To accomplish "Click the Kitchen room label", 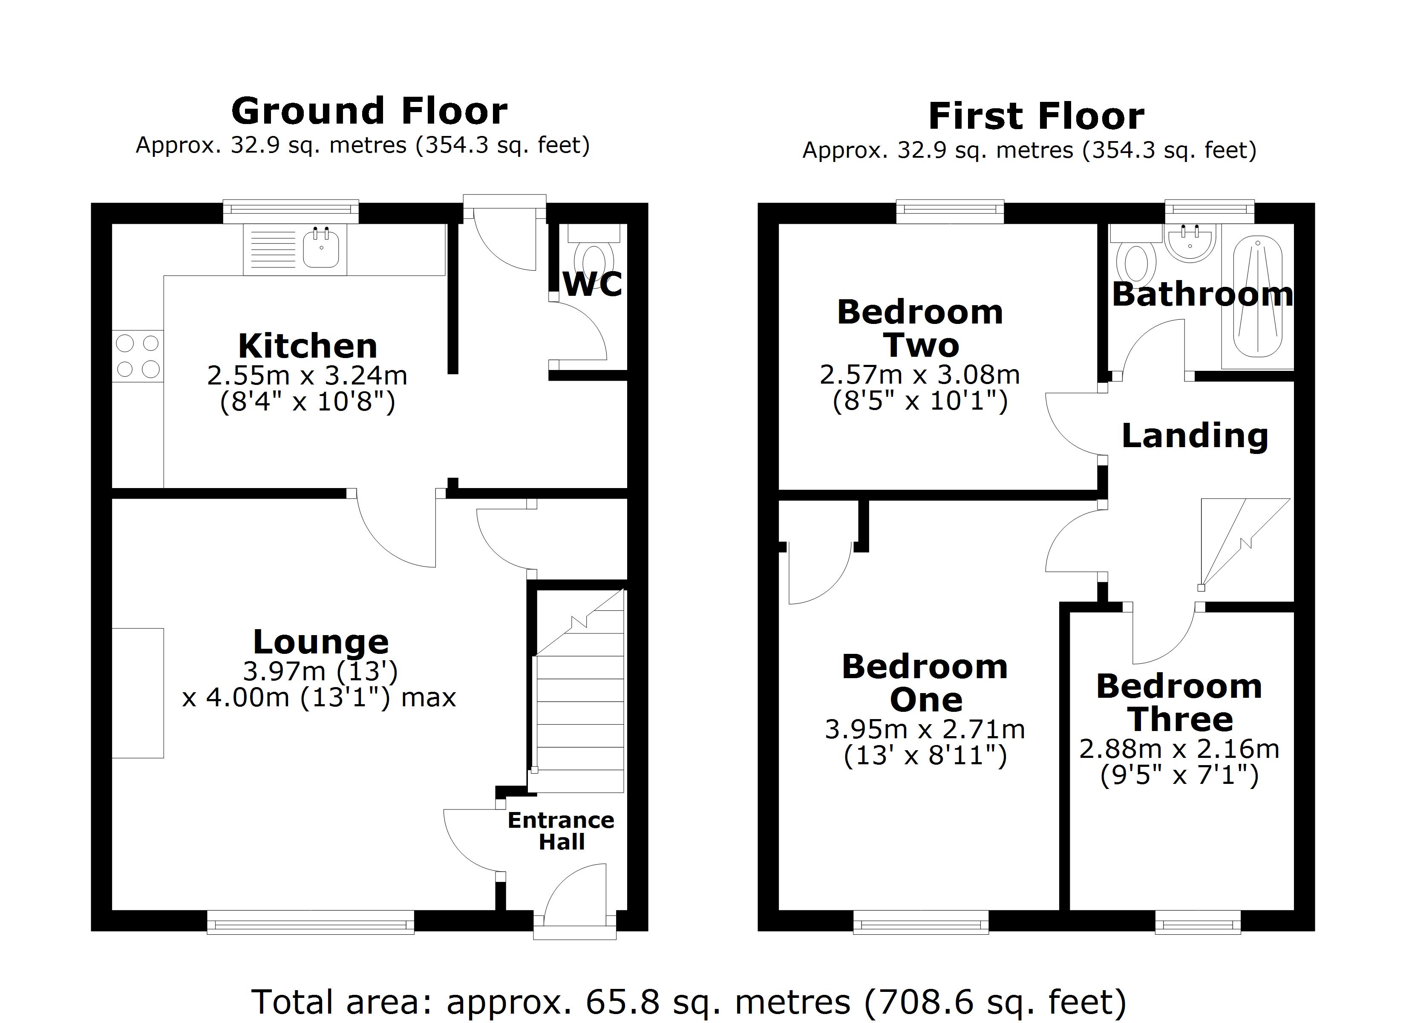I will (x=308, y=346).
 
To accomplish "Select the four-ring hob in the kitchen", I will (x=138, y=356).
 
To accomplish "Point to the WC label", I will (x=592, y=285).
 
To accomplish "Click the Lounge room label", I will (x=320, y=642).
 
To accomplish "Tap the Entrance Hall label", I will (x=561, y=831).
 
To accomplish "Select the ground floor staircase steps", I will (x=579, y=714).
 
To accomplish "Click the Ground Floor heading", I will (x=369, y=112).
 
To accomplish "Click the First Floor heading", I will (x=1036, y=117).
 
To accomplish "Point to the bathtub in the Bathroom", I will (x=1257, y=298).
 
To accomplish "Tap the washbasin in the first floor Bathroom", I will (x=1190, y=244).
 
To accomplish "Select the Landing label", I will (x=1195, y=436).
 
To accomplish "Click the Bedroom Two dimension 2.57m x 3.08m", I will (x=919, y=375).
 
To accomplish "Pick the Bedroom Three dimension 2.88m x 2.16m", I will (x=1179, y=749).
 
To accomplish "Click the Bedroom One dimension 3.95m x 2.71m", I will (x=924, y=730).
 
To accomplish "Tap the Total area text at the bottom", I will (x=688, y=1001).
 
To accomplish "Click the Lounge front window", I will (x=310, y=922).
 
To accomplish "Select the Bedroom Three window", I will (x=1198, y=922).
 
